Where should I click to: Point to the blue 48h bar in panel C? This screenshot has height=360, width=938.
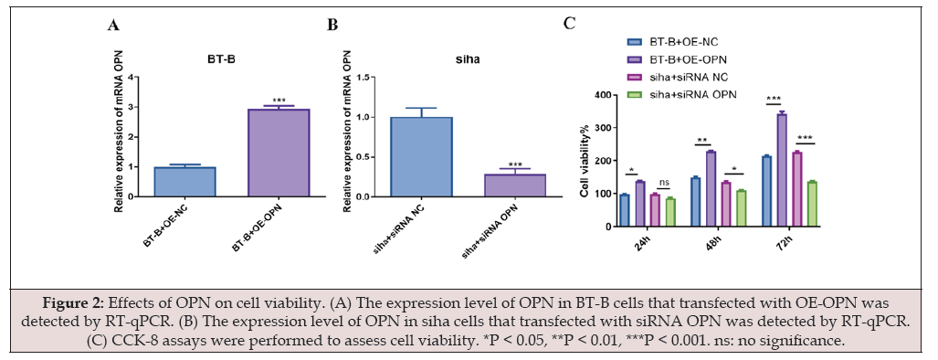[x=696, y=202]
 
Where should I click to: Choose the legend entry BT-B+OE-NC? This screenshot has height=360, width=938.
[x=672, y=42]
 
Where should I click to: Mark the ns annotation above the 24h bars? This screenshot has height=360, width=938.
[x=662, y=183]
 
